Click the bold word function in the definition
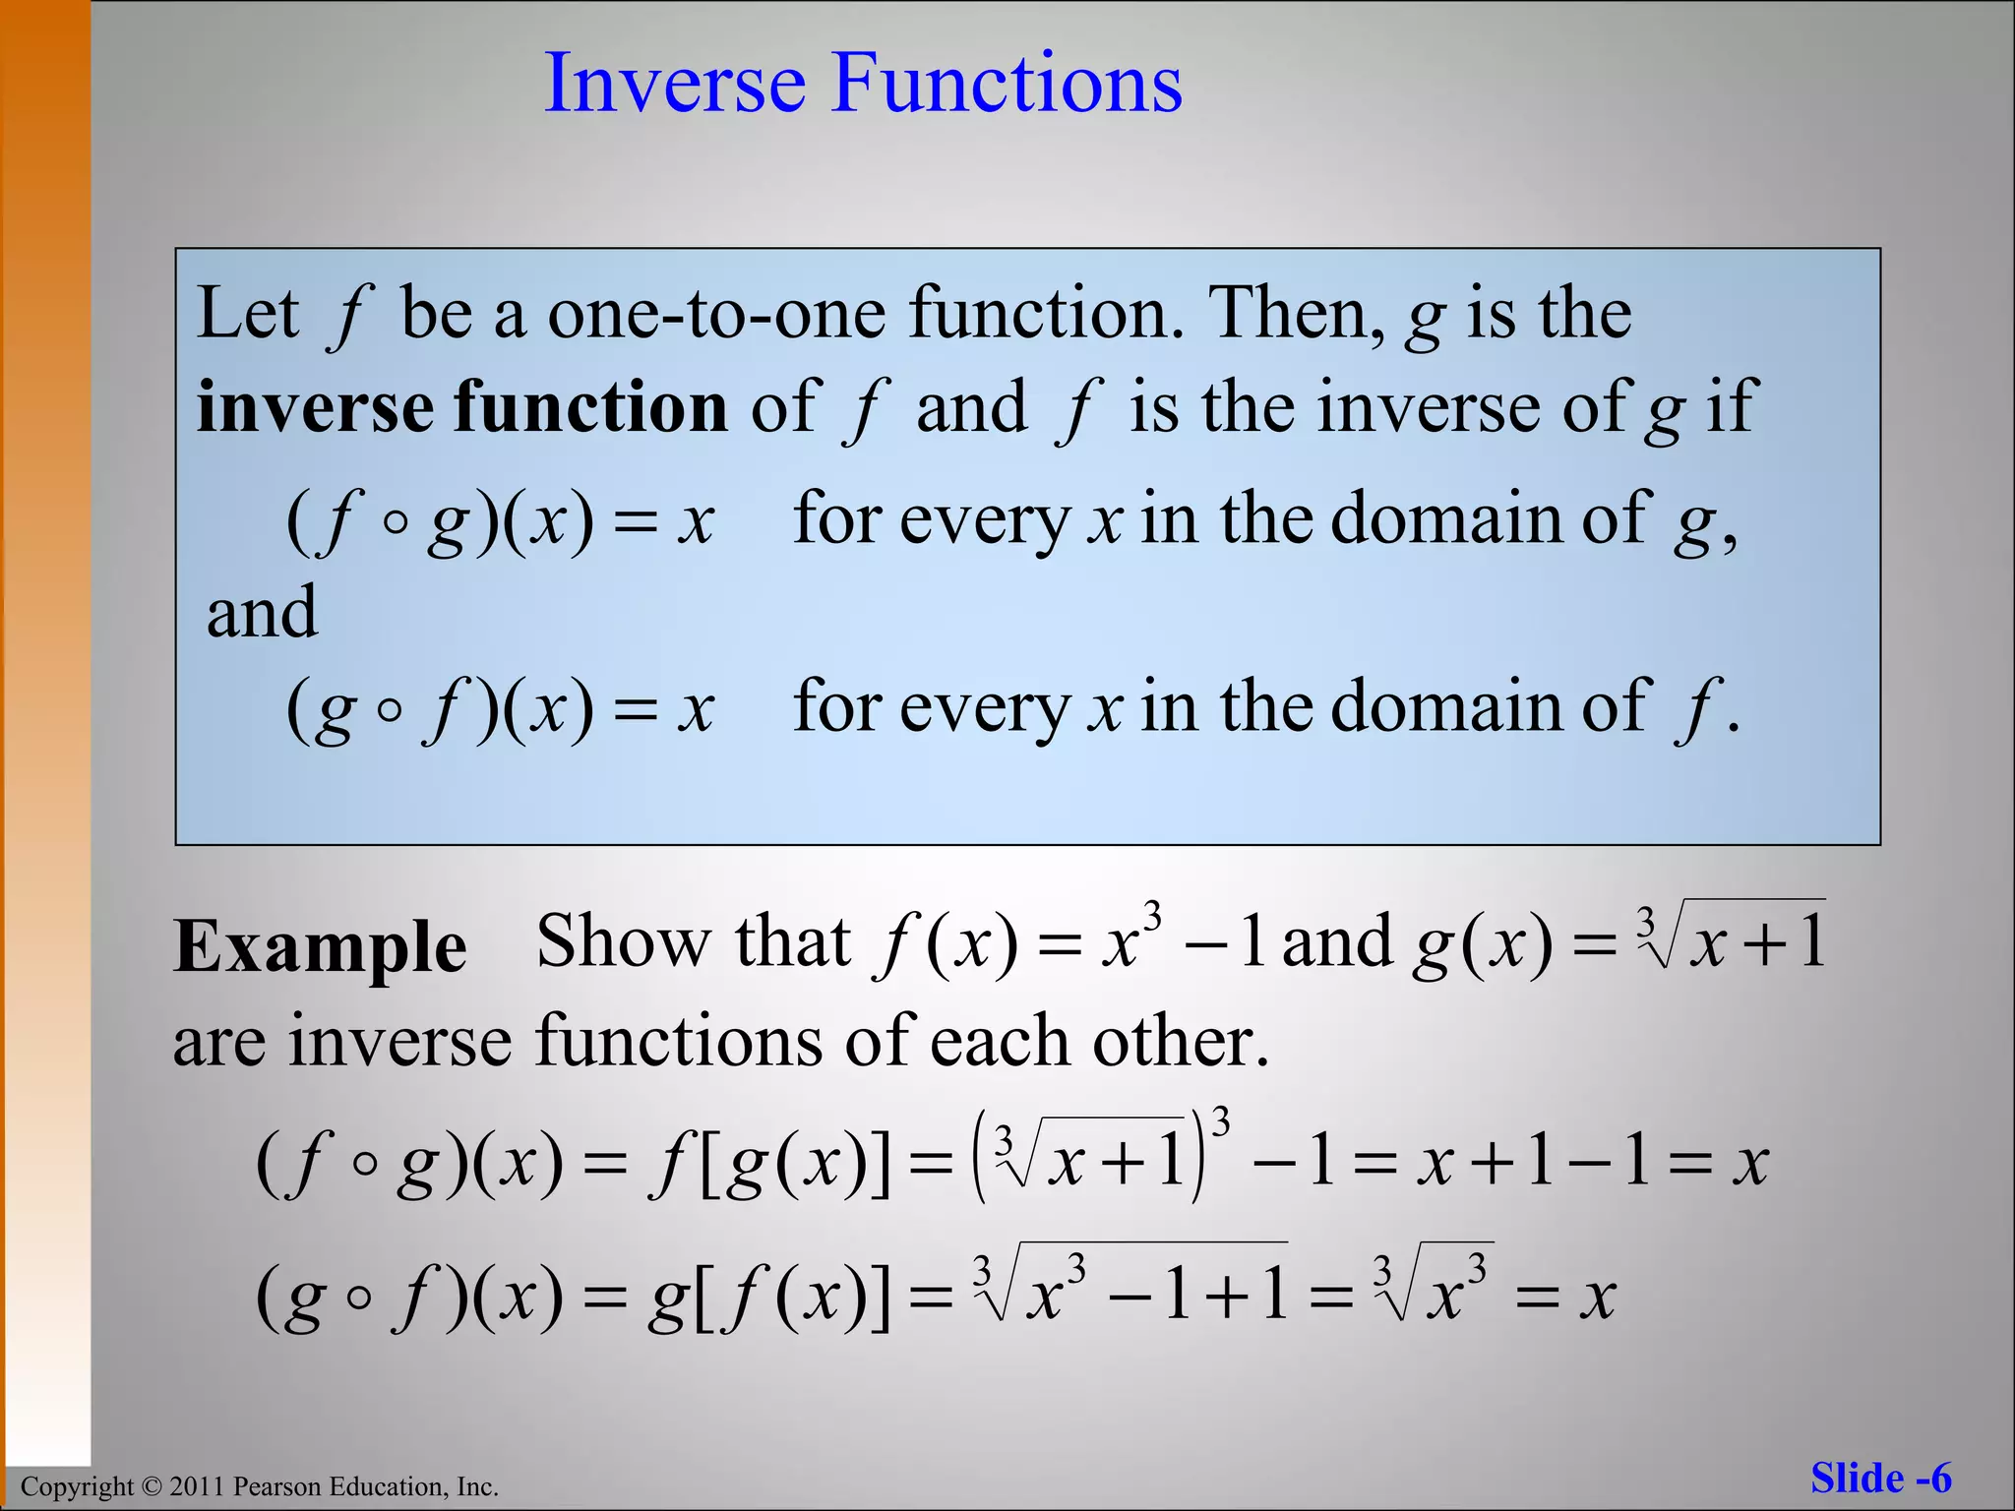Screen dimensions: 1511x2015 pos(589,407)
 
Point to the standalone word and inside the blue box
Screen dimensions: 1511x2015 pos(262,612)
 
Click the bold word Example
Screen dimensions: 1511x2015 pos(320,947)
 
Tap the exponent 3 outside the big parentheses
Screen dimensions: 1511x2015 pos(1221,1122)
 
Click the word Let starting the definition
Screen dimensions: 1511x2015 pos(247,314)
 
